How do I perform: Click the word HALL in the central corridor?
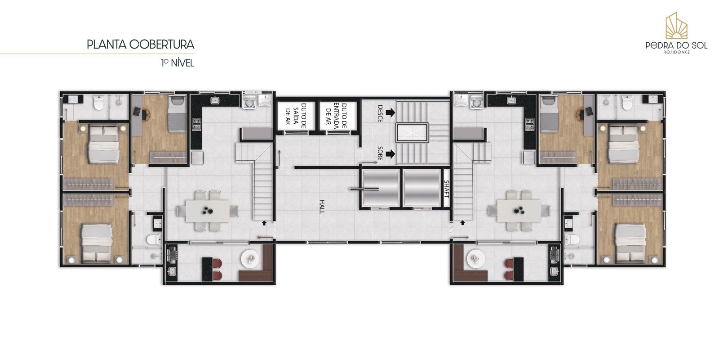point(322,207)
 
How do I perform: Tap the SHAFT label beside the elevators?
point(446,189)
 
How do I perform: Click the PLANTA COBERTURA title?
point(140,45)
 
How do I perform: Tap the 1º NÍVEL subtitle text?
point(178,63)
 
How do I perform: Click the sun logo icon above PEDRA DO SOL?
point(676,26)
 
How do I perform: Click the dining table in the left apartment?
point(208,210)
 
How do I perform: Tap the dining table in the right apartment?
point(519,210)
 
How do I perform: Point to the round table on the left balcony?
point(251,258)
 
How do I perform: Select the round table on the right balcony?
point(475,258)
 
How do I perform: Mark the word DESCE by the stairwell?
point(380,113)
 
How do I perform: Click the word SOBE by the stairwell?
point(380,153)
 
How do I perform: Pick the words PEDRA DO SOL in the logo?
point(676,45)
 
